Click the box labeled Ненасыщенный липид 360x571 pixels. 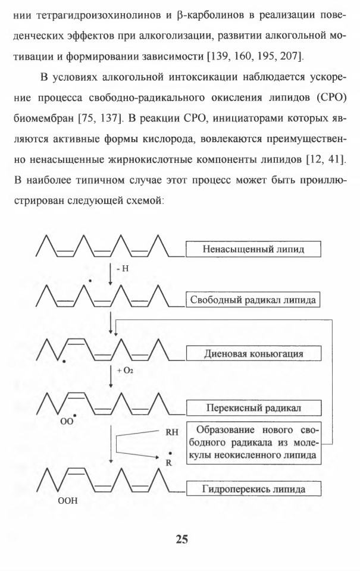[253, 249]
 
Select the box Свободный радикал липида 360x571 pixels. [253, 300]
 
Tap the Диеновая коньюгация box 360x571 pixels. [253, 353]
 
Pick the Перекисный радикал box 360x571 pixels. [253, 407]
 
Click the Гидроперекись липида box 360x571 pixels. [253, 489]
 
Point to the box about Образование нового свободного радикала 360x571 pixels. [253, 443]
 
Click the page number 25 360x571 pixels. [182, 539]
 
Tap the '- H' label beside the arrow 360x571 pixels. [123, 269]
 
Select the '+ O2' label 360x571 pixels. [125, 371]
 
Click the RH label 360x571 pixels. [172, 432]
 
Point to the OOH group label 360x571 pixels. [68, 501]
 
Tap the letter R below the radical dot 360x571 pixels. [169, 463]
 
